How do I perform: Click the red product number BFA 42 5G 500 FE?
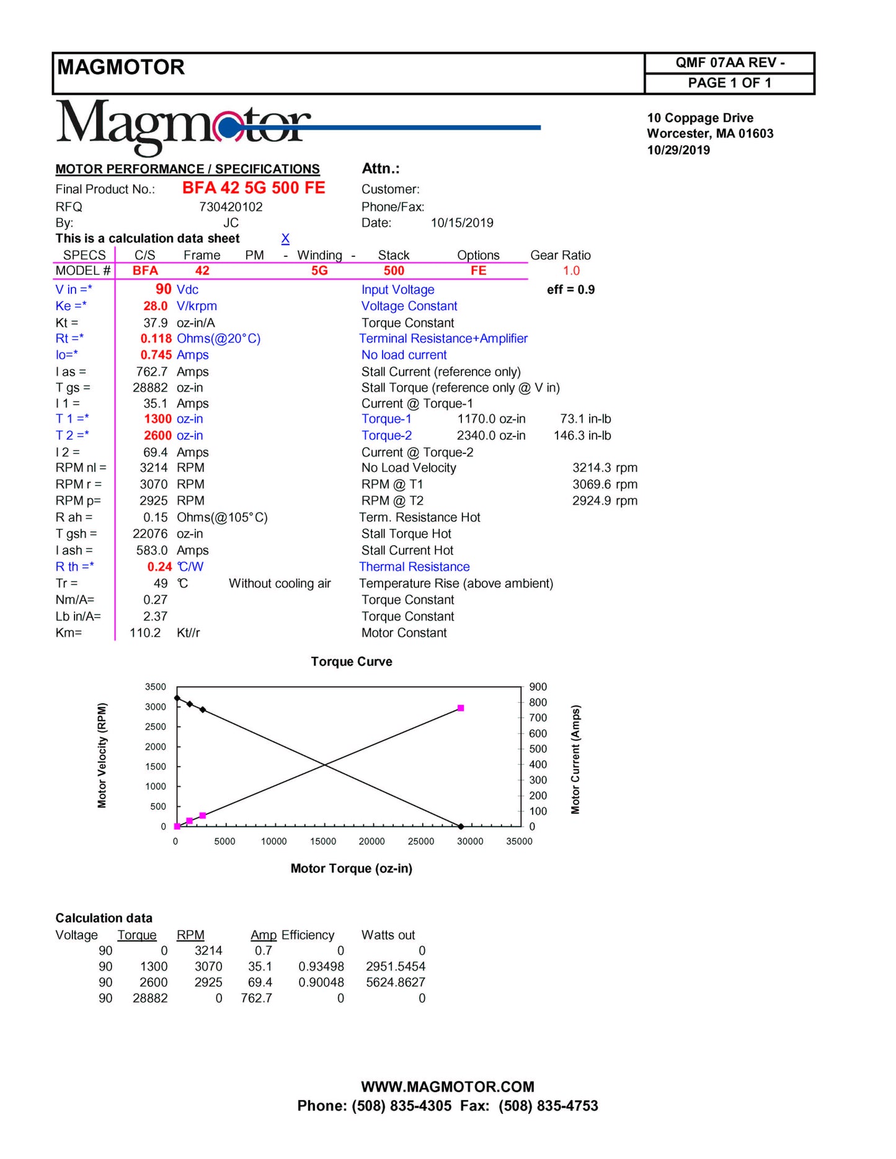254,188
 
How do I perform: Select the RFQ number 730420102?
231,207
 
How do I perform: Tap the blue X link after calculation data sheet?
285,239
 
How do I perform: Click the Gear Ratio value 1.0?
571,271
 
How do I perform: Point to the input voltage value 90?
164,290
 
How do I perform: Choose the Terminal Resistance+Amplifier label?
443,339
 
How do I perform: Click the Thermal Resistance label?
414,567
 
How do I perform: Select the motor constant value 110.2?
145,633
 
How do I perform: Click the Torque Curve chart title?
352,662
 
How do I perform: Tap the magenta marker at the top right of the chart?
461,708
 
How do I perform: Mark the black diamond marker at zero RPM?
461,827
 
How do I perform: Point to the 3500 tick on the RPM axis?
156,687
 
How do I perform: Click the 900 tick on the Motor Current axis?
538,687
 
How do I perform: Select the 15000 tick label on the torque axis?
323,841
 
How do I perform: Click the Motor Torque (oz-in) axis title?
352,869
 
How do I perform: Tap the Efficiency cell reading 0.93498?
321,967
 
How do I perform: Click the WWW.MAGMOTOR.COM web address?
448,1087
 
